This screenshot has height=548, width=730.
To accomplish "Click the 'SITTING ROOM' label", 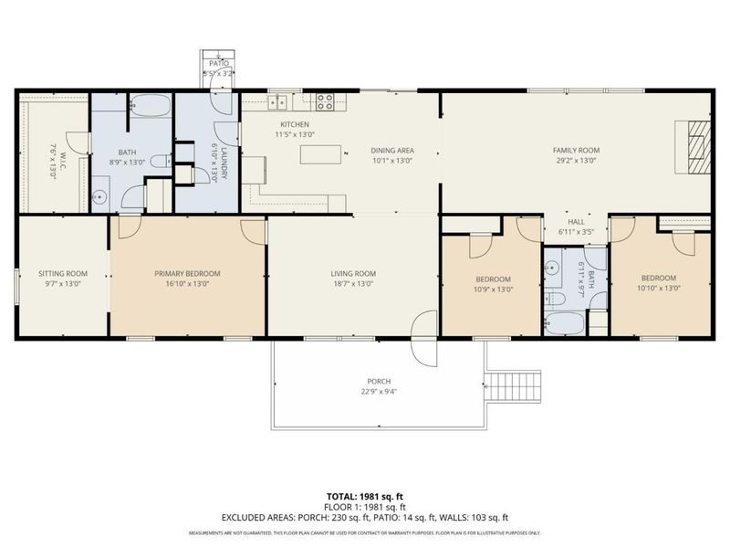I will (x=62, y=273).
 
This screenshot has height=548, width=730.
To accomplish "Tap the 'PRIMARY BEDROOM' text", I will (x=187, y=273).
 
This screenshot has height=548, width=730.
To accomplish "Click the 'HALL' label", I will (x=576, y=222).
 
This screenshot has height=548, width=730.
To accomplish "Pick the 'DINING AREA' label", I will (x=392, y=150).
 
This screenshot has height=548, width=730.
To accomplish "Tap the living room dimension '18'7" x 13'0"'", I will (x=353, y=284).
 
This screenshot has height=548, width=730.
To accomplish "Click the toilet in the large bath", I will (x=159, y=163).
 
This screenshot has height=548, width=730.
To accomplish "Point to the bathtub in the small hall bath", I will (x=564, y=321).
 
